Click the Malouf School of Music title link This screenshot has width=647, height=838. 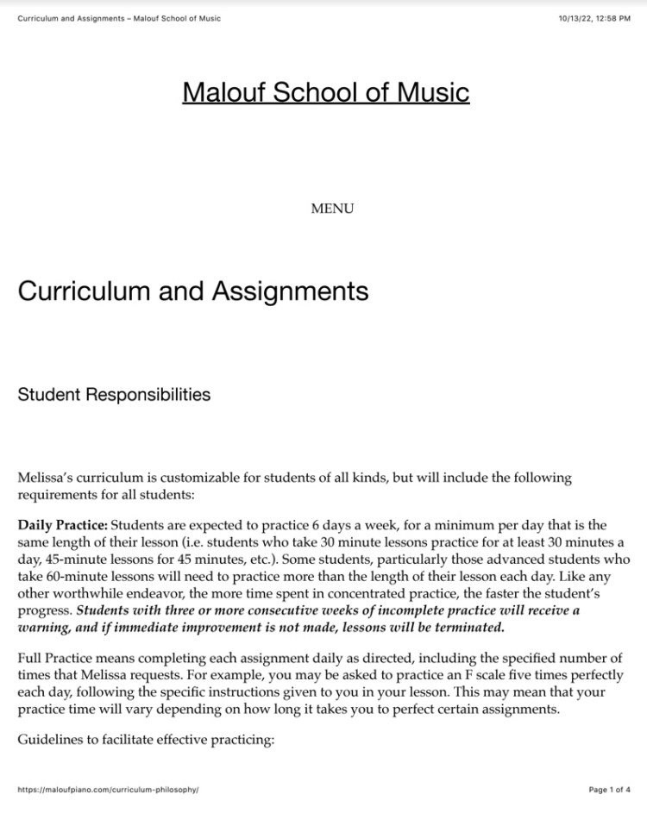[326, 92]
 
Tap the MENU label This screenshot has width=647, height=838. [332, 208]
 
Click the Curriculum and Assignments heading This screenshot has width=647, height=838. [192, 291]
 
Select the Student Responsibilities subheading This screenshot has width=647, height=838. [114, 395]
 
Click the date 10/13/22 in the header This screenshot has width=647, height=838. [572, 19]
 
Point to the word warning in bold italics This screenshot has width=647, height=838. [41, 627]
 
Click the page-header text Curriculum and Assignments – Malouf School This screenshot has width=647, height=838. [119, 19]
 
